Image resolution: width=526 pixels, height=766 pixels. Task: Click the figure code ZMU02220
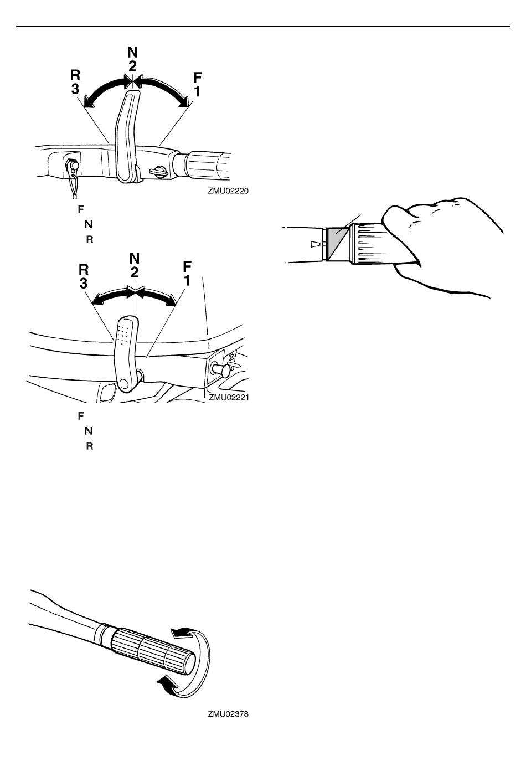click(x=228, y=191)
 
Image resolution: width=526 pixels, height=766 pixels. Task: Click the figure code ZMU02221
click(x=229, y=397)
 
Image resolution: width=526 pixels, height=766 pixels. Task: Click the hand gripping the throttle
click(x=441, y=246)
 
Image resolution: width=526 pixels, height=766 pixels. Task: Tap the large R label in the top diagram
click(x=75, y=75)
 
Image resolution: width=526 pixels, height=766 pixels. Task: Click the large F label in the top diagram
click(x=197, y=78)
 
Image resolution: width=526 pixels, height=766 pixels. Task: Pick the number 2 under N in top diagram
click(x=133, y=66)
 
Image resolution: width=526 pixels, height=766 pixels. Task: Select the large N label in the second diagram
click(x=135, y=258)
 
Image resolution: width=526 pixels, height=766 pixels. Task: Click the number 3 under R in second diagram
click(x=84, y=283)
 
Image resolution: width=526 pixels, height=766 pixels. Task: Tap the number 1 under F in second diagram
click(x=187, y=280)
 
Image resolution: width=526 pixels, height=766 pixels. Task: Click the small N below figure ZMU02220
click(x=89, y=224)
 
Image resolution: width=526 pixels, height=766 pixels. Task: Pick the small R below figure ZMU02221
click(x=90, y=446)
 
